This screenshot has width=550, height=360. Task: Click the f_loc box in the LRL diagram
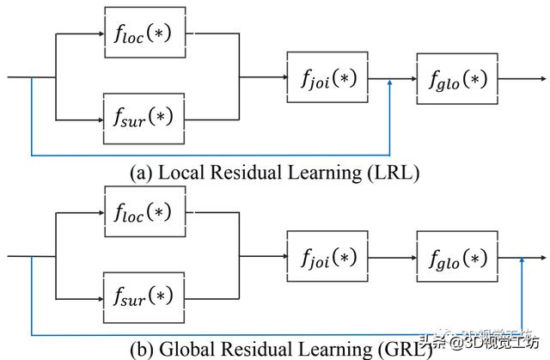point(144,34)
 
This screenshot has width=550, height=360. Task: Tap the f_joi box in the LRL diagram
point(327,79)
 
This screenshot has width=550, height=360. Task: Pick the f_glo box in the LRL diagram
point(456,79)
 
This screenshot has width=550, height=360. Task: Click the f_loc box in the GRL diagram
point(144,211)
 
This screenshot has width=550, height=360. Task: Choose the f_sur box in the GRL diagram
point(144,296)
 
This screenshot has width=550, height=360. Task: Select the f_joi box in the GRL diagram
point(327,256)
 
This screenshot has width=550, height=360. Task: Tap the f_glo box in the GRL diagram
point(456,256)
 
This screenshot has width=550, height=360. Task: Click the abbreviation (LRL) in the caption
point(394,173)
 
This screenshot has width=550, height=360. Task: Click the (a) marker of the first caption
point(141,173)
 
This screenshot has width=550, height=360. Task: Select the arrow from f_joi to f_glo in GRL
point(391,256)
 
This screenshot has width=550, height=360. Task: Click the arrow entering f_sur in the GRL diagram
point(82,296)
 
